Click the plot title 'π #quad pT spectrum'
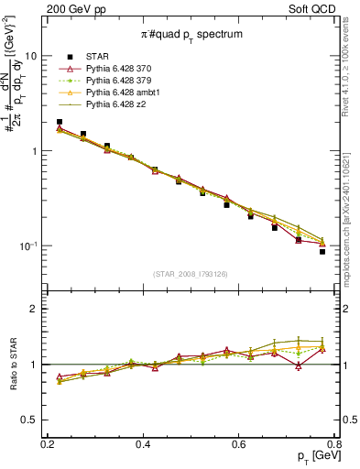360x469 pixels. pyautogui.click(x=191, y=34)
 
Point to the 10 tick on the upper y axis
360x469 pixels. pyautogui.click(x=30, y=55)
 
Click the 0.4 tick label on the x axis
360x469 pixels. pyautogui.click(x=143, y=443)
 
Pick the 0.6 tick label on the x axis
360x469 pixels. pyautogui.click(x=239, y=443)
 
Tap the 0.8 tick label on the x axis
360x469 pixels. pyautogui.click(x=334, y=443)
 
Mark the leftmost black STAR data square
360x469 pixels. pyautogui.click(x=60, y=122)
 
